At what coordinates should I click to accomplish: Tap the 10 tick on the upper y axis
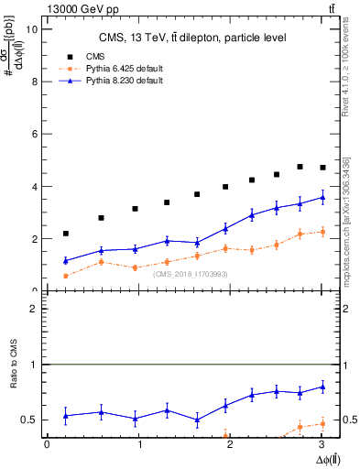point(34,28)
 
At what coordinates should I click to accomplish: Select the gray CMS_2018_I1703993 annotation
point(191,274)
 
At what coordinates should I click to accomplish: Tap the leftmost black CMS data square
point(65,234)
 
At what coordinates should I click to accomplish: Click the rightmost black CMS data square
point(322,168)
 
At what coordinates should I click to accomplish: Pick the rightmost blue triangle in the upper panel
point(322,197)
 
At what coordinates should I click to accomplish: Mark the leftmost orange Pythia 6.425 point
point(65,276)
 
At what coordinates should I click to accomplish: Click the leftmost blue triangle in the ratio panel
point(65,416)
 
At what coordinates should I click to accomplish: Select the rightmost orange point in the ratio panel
point(322,423)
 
